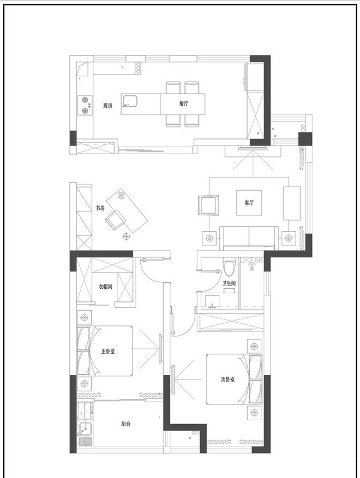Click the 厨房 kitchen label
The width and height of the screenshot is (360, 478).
coord(107,106)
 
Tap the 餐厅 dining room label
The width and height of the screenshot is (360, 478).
coord(184,104)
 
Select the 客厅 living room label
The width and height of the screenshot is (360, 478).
coord(249,203)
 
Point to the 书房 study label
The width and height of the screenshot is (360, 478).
coord(100,208)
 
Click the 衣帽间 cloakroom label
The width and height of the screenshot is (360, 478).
coord(105,287)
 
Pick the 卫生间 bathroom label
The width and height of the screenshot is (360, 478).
coord(229,283)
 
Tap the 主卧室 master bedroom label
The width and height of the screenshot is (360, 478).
coord(108,351)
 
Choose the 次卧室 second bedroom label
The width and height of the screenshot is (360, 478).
coord(227,379)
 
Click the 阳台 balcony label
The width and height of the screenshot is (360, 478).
coord(125,423)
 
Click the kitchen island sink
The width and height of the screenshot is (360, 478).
coord(130,101)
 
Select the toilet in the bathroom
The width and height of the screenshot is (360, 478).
coord(228,266)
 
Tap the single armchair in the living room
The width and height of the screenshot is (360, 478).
coord(208,205)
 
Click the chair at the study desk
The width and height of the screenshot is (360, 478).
coord(115,220)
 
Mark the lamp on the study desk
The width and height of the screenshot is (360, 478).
coord(122,195)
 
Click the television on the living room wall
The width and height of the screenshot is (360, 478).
coord(253,149)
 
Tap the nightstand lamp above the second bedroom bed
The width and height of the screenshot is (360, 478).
coord(254,346)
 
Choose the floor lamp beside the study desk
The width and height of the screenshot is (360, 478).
coord(126,235)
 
